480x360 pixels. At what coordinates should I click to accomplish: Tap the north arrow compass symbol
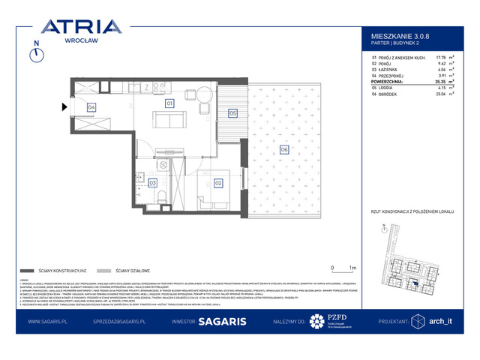point(35,58)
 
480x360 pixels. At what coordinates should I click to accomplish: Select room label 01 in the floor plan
point(169,103)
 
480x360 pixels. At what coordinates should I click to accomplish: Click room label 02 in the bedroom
point(218,181)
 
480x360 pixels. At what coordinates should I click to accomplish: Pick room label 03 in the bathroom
point(152,182)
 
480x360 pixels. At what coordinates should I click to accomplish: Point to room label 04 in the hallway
point(91,107)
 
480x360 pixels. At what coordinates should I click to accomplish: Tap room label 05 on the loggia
point(232,113)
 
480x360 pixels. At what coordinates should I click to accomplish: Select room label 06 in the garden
point(283,150)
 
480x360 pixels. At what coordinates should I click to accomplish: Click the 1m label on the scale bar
point(352,267)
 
